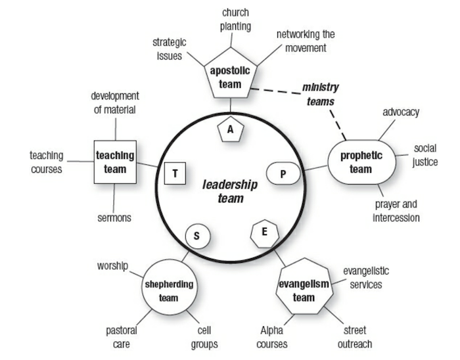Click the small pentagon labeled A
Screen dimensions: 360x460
[x=230, y=130]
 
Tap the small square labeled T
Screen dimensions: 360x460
[x=175, y=173]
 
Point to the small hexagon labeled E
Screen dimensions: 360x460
[x=265, y=232]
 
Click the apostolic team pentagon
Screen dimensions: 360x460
[x=230, y=75]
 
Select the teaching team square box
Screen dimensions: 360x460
[x=115, y=162]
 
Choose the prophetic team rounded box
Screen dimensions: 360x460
[x=360, y=162]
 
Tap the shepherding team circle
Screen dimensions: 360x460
[x=169, y=290]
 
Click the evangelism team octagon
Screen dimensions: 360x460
[x=304, y=290]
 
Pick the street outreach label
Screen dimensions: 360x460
[x=356, y=337]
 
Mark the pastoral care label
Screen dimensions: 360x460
[x=122, y=337]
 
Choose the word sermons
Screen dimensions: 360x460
[x=114, y=217]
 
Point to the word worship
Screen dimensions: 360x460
[x=112, y=266]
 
